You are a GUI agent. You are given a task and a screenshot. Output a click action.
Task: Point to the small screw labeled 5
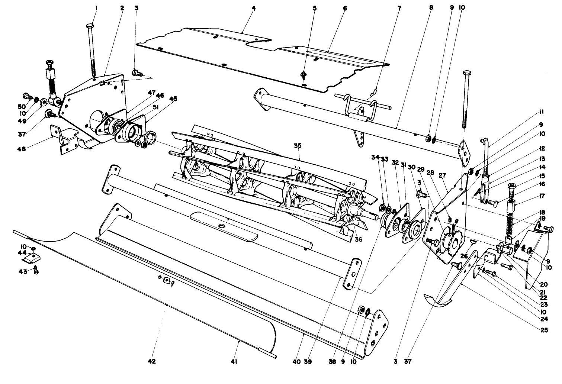click(x=304, y=75)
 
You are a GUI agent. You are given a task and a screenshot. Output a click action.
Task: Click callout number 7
click(x=399, y=7)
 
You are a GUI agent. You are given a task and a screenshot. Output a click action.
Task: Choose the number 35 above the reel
click(x=297, y=146)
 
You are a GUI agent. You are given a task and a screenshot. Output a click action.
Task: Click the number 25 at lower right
click(x=545, y=330)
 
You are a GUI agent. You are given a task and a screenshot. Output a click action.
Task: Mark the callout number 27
click(x=442, y=175)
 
